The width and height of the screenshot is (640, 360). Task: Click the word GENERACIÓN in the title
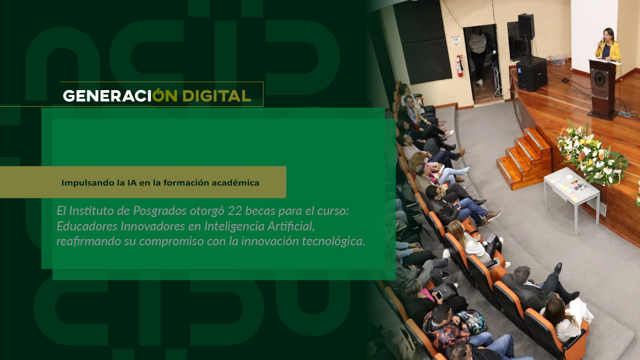tap(120, 95)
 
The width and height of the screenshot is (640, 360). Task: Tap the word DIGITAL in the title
tap(217, 95)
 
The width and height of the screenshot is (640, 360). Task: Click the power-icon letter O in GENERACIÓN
tap(158, 95)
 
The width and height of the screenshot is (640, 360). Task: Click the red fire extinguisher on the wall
tap(459, 66)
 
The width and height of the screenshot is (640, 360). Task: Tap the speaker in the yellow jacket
tap(608, 46)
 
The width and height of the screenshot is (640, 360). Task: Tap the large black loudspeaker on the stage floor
tap(532, 74)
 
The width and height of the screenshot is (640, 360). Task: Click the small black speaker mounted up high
tap(526, 26)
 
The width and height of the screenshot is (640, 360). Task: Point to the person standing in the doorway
tap(478, 55)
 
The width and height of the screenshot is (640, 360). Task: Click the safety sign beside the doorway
tap(455, 41)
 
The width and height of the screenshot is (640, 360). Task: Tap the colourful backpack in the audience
tap(471, 322)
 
